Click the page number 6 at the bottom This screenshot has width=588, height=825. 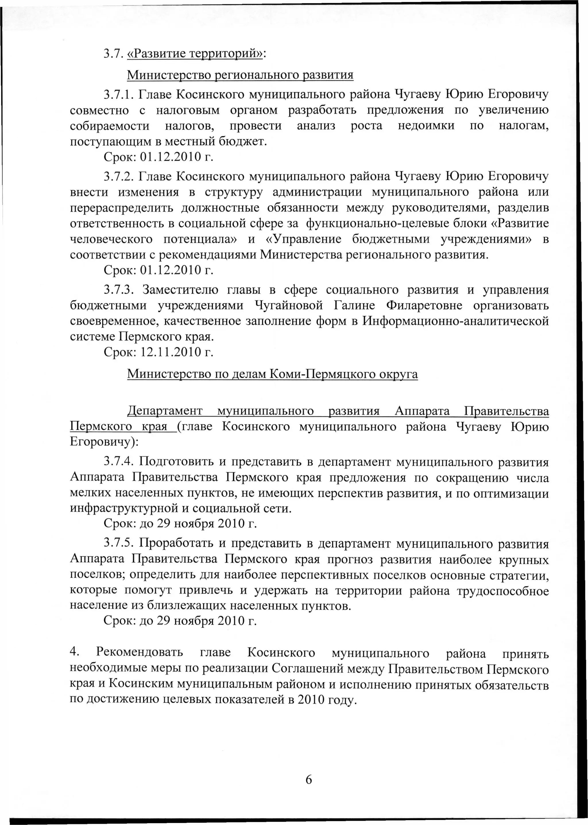[308, 779]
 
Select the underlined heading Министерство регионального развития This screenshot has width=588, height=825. [240, 75]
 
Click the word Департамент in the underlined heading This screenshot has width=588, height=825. [165, 411]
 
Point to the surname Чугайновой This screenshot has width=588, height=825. [289, 306]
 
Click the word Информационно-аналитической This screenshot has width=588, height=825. [455, 321]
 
